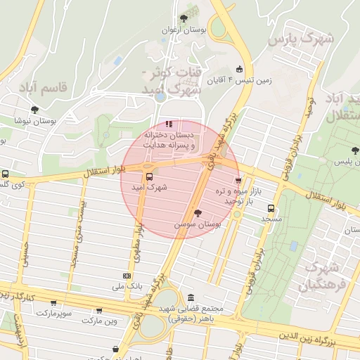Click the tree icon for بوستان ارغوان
point(184,17)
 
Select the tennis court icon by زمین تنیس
point(240,69)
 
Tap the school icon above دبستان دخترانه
point(168,124)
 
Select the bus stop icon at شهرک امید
point(148,176)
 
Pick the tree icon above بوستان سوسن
point(196,213)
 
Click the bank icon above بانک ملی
point(127,276)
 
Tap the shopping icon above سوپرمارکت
point(98,311)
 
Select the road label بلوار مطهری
point(140,239)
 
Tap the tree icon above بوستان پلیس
point(355,150)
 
